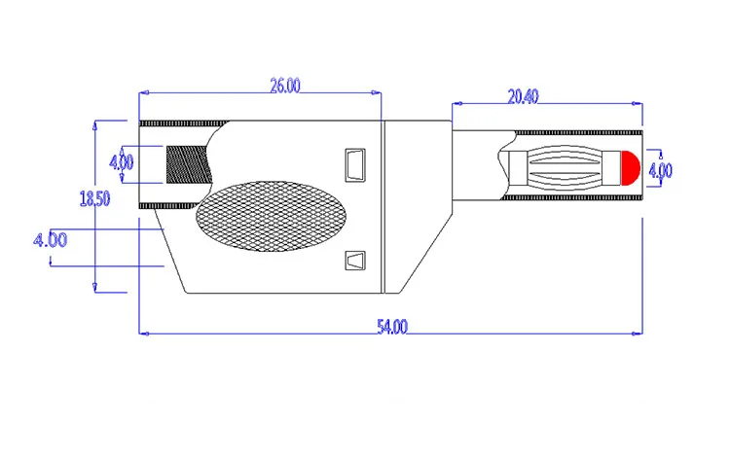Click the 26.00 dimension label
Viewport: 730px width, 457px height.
coord(285,86)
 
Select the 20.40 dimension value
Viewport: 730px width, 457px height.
coord(523,96)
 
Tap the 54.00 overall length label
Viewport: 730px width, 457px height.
coord(392,327)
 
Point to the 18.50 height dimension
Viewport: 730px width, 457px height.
coord(95,198)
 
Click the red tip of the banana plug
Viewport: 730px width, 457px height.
coord(631,168)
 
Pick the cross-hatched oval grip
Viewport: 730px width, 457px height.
coord(271,216)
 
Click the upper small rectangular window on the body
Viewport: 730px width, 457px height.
coord(355,165)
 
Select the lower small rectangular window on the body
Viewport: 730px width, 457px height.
coord(355,261)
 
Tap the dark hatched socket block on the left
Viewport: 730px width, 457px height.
coord(189,164)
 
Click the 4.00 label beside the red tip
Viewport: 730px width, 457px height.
coord(660,170)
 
